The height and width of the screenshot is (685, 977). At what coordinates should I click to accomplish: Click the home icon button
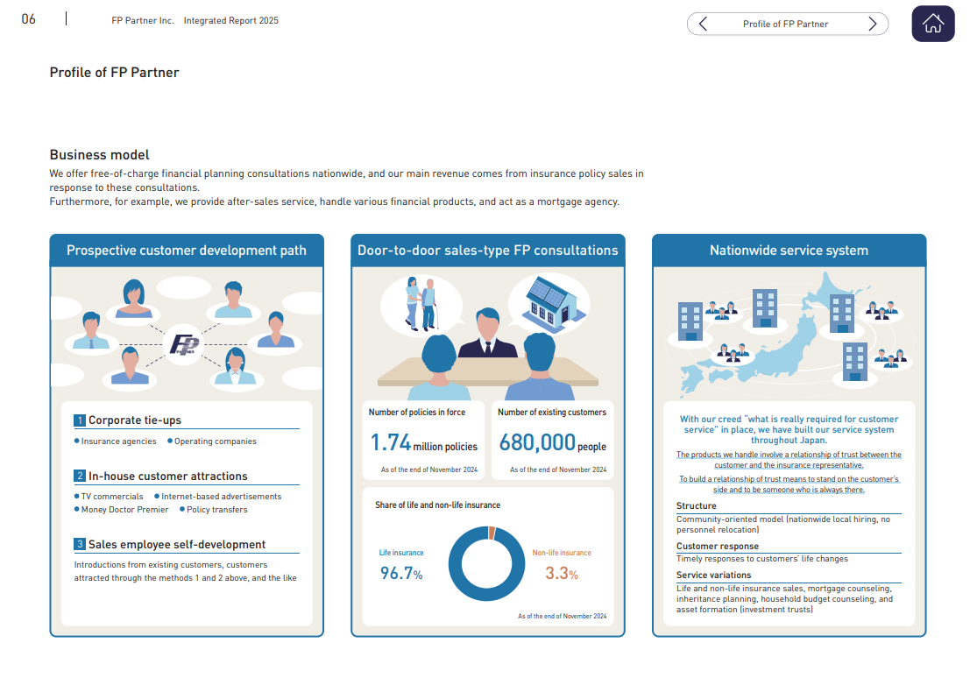point(932,24)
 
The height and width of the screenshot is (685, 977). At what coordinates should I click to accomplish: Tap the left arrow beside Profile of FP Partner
point(703,24)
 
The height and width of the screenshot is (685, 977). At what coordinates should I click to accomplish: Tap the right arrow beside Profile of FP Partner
point(872,24)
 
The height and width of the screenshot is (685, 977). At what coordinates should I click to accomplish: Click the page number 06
point(29,19)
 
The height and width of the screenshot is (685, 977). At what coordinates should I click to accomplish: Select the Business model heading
point(99,155)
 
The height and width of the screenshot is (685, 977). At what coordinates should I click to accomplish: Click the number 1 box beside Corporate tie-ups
point(80,420)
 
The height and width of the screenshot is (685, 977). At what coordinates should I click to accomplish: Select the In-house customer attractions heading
point(167,477)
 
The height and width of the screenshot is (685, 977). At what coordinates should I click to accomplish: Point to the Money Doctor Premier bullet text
point(124,510)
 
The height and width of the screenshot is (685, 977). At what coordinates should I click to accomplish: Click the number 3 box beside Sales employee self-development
point(80,545)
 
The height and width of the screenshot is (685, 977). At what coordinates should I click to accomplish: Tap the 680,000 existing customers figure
point(537,443)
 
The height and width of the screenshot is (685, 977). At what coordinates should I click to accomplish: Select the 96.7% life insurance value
point(400,575)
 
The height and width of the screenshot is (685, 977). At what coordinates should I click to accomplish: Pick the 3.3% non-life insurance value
point(561,575)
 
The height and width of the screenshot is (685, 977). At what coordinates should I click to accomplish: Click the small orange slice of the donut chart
point(492,533)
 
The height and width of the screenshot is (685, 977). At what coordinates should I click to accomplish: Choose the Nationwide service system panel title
point(789,251)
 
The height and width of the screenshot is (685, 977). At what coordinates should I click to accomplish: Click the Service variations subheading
point(713,576)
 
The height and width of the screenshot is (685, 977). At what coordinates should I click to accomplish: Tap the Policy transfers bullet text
point(216,510)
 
